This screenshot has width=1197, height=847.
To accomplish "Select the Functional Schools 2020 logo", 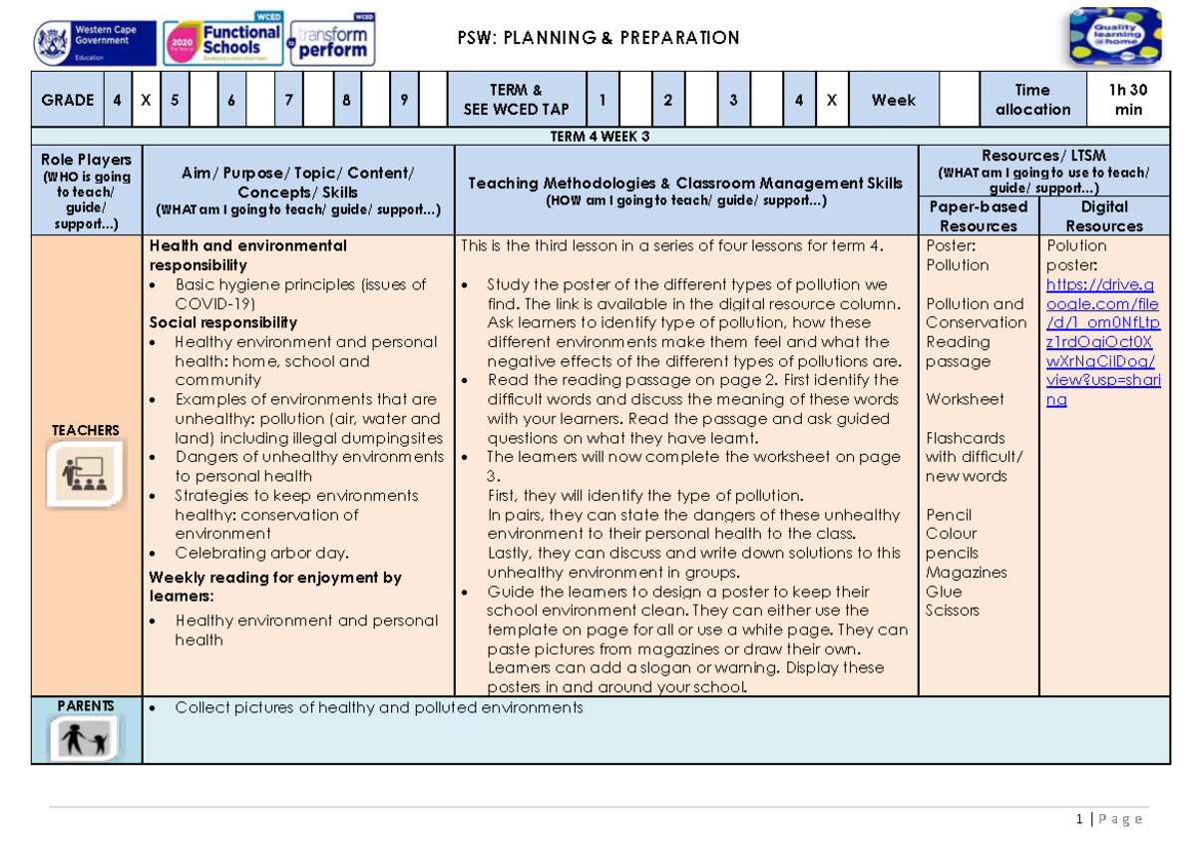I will pyautogui.click(x=222, y=43).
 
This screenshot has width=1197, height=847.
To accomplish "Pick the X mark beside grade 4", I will pyautogui.click(x=146, y=100).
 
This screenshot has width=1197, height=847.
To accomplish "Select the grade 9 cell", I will pyautogui.click(x=404, y=100).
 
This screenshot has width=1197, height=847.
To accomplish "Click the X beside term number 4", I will pyautogui.click(x=832, y=100).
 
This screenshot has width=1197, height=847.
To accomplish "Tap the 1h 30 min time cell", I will pyautogui.click(x=1128, y=99).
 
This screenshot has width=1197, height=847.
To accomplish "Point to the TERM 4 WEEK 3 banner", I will pyautogui.click(x=599, y=137).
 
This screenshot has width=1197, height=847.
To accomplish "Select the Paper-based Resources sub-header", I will pyautogui.click(x=978, y=215).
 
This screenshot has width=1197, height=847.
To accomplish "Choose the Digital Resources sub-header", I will pyautogui.click(x=1104, y=215).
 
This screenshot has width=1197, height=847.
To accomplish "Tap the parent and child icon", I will pyautogui.click(x=85, y=739).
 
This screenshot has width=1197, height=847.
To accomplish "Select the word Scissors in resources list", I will pyautogui.click(x=952, y=610).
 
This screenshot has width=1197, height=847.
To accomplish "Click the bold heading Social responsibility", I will pyautogui.click(x=223, y=322).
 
